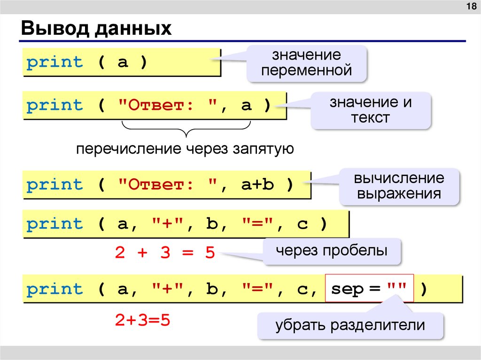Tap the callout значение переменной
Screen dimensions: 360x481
(x=307, y=63)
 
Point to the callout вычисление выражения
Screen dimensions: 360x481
(x=399, y=186)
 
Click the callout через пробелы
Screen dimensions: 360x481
(x=332, y=251)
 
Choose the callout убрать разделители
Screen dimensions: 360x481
(x=350, y=324)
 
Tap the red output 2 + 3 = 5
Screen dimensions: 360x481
(x=164, y=253)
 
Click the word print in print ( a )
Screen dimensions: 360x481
(x=54, y=62)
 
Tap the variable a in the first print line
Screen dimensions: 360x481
(x=123, y=62)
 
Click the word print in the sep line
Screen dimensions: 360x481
(x=54, y=289)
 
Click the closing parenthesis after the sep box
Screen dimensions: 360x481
(x=424, y=289)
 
